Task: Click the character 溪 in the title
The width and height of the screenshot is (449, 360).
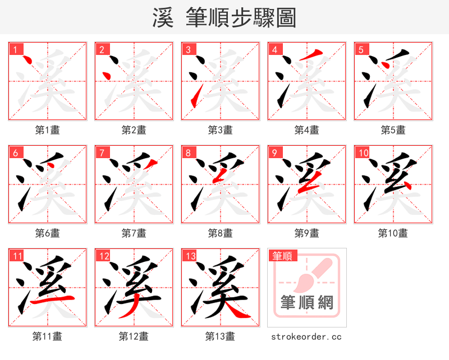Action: (x=163, y=18)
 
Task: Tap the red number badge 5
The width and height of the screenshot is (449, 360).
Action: (x=361, y=50)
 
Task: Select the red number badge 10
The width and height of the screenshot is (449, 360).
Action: (x=363, y=153)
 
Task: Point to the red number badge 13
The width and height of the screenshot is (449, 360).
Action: (x=190, y=256)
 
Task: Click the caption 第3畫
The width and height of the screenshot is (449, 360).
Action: (x=220, y=130)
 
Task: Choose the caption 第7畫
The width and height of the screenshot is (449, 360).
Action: (x=134, y=233)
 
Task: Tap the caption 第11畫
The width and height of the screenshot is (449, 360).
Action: (x=47, y=336)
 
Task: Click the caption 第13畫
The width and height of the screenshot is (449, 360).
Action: (x=220, y=336)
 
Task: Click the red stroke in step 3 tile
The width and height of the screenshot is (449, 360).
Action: (x=195, y=96)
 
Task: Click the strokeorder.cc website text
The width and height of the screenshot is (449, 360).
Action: (x=306, y=337)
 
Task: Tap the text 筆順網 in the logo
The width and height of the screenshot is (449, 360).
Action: (x=307, y=303)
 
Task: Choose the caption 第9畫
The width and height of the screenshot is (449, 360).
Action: (x=306, y=233)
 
